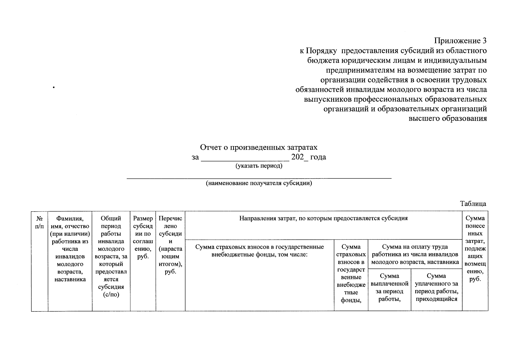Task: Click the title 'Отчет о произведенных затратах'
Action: tap(259, 148)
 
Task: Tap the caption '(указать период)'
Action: tap(259, 166)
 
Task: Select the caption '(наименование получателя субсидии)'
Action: tap(259, 183)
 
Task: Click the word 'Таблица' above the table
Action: tap(473, 204)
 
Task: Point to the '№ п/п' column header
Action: tap(39, 222)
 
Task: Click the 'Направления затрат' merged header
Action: tap(323, 218)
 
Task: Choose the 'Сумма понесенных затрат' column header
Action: tap(475, 249)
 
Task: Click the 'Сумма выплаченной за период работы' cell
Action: tap(389, 287)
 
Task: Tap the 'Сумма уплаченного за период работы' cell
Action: tap(436, 287)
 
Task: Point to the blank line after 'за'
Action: tap(245, 159)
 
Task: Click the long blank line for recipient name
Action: tap(259, 178)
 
